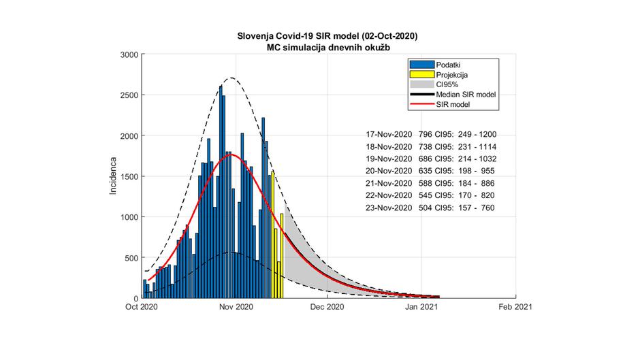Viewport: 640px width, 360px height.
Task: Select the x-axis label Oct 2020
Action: coord(140,307)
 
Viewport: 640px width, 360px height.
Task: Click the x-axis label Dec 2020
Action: coord(327,307)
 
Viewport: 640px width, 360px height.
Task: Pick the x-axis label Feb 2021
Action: coord(515,307)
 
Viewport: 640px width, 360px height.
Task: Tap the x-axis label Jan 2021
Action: coord(421,307)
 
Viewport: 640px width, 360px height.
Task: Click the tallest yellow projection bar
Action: coord(273,235)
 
